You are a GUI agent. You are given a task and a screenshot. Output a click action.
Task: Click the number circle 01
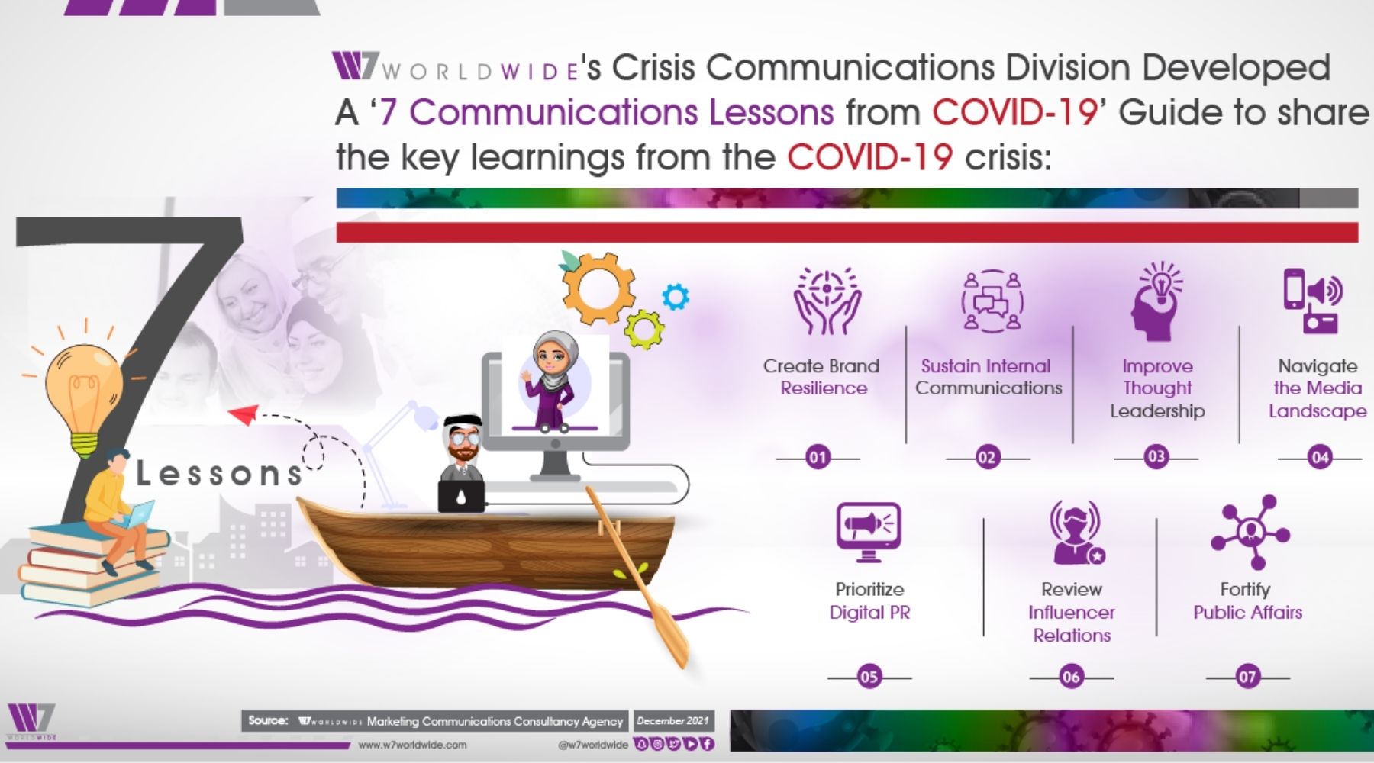click(818, 458)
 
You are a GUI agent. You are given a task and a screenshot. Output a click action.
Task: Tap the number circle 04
click(1320, 458)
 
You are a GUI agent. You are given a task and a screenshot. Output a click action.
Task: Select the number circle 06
click(1071, 677)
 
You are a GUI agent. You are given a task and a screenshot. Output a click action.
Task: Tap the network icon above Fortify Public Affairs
click(1250, 532)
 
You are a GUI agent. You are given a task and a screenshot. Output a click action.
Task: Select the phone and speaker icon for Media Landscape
click(1312, 301)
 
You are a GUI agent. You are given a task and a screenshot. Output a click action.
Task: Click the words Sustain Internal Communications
click(989, 377)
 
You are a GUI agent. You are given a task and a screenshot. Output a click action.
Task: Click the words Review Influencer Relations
click(1072, 612)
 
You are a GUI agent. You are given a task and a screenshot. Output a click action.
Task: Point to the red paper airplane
click(244, 415)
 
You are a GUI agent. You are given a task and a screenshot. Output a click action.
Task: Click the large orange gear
click(599, 288)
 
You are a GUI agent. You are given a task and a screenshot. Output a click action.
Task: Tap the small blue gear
click(676, 296)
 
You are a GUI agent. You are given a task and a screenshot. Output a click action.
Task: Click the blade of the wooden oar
click(671, 637)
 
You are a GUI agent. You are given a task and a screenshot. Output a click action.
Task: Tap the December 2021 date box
click(673, 720)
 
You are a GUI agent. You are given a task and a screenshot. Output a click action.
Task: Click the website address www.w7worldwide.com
click(412, 745)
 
